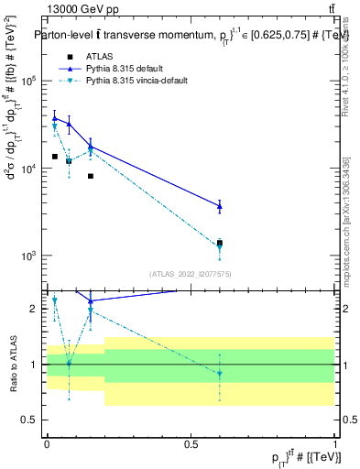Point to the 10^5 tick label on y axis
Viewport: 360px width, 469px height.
coord(27,81)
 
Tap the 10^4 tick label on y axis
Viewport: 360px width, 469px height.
coord(27,169)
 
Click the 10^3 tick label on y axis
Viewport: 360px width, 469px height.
coord(27,256)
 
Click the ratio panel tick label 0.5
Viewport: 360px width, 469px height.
coord(29,420)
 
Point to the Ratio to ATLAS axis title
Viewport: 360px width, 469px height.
coord(12,364)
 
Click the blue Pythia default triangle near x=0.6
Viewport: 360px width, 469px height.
coord(220,206)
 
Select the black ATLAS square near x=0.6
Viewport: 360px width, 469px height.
coord(220,243)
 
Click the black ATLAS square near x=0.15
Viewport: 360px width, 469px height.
coord(91,176)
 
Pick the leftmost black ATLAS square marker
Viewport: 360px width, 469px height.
coord(55,157)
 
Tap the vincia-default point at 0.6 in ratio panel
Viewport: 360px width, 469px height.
coord(220,373)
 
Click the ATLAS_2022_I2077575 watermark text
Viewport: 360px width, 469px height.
coord(191,273)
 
